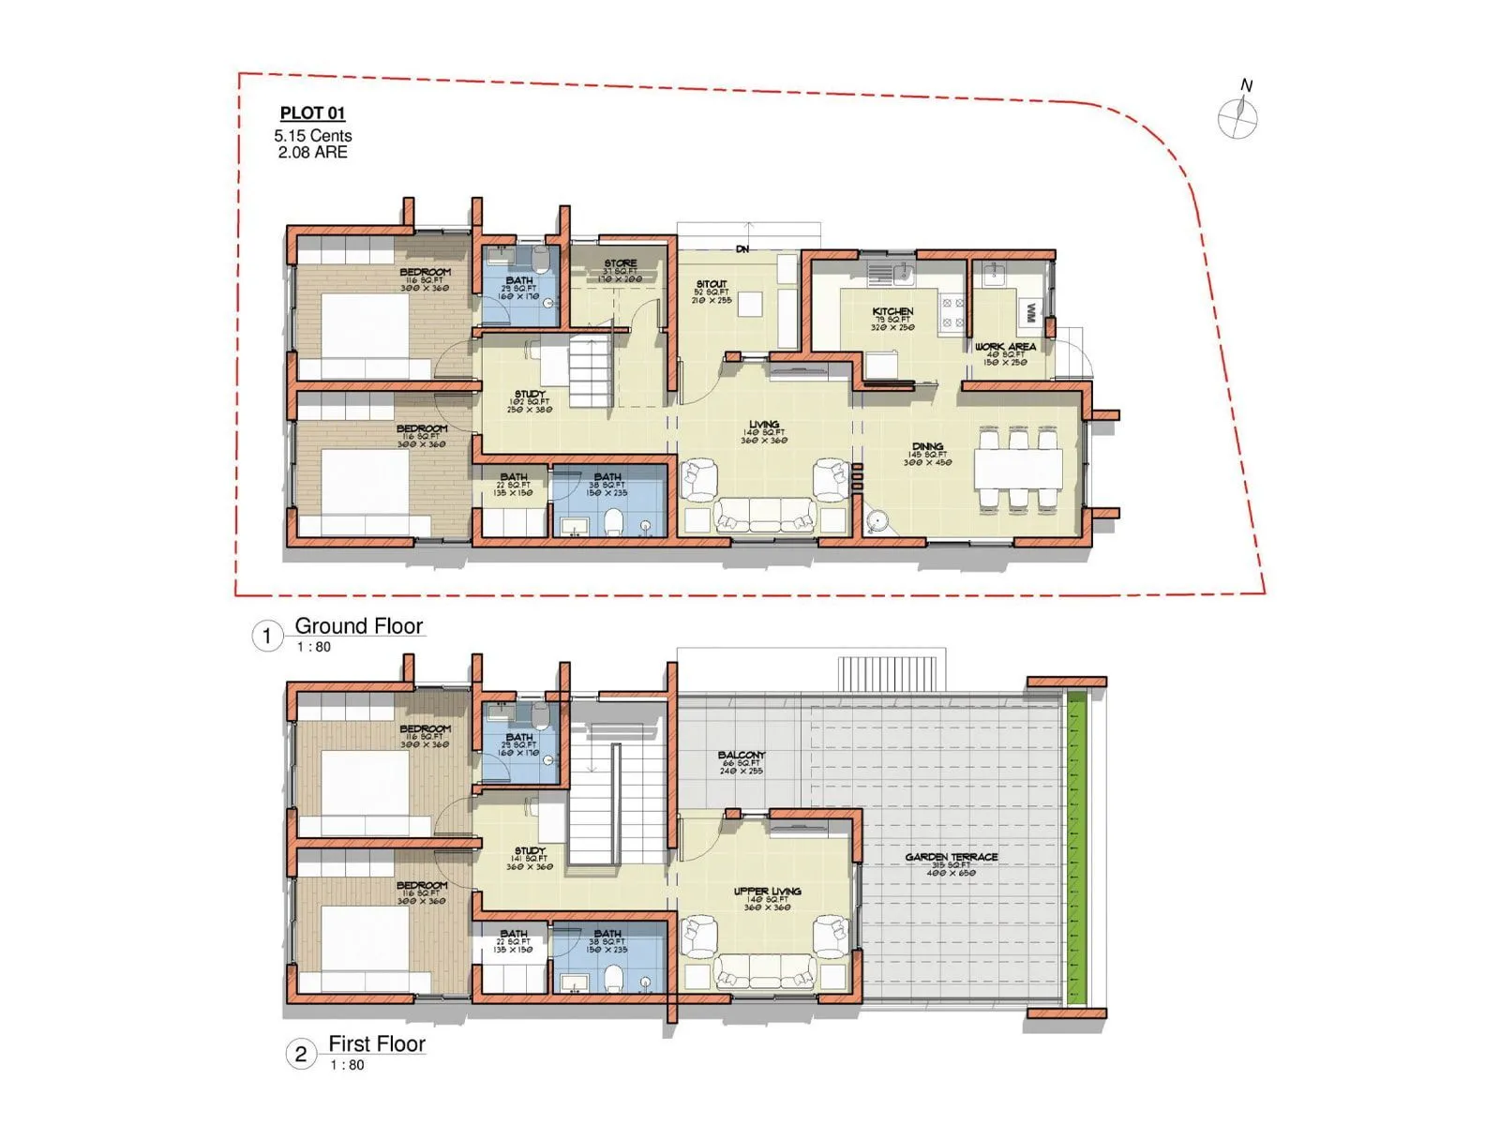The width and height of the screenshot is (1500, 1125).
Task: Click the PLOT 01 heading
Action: click(x=312, y=113)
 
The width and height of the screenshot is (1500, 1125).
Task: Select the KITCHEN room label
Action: click(x=892, y=311)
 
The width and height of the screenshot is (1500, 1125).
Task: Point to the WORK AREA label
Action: click(x=1005, y=347)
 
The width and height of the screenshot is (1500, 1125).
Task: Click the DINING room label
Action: click(x=927, y=447)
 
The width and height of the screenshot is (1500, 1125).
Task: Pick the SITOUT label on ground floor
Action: click(x=712, y=284)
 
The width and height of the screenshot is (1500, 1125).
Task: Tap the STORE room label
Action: click(x=620, y=263)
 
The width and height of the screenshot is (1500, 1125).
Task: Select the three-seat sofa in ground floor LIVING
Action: click(x=765, y=515)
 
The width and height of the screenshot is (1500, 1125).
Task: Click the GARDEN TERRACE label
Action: click(x=951, y=857)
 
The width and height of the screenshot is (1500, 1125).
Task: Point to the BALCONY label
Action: click(x=742, y=755)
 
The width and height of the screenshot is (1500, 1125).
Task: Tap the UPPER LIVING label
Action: click(x=767, y=892)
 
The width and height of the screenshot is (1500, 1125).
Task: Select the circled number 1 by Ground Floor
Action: click(x=266, y=637)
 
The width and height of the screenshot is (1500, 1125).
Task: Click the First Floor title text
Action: click(x=377, y=1043)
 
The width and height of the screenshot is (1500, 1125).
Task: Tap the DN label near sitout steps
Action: click(x=742, y=249)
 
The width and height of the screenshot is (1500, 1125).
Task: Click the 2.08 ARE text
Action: click(x=312, y=152)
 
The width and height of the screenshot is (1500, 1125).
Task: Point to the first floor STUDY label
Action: click(x=530, y=851)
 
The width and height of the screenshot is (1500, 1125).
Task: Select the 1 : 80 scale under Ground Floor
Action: click(x=314, y=647)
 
